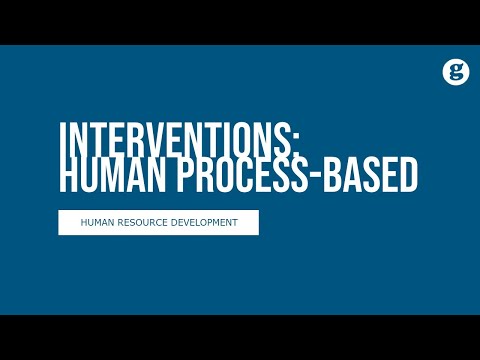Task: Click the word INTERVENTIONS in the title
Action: [165, 140]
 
